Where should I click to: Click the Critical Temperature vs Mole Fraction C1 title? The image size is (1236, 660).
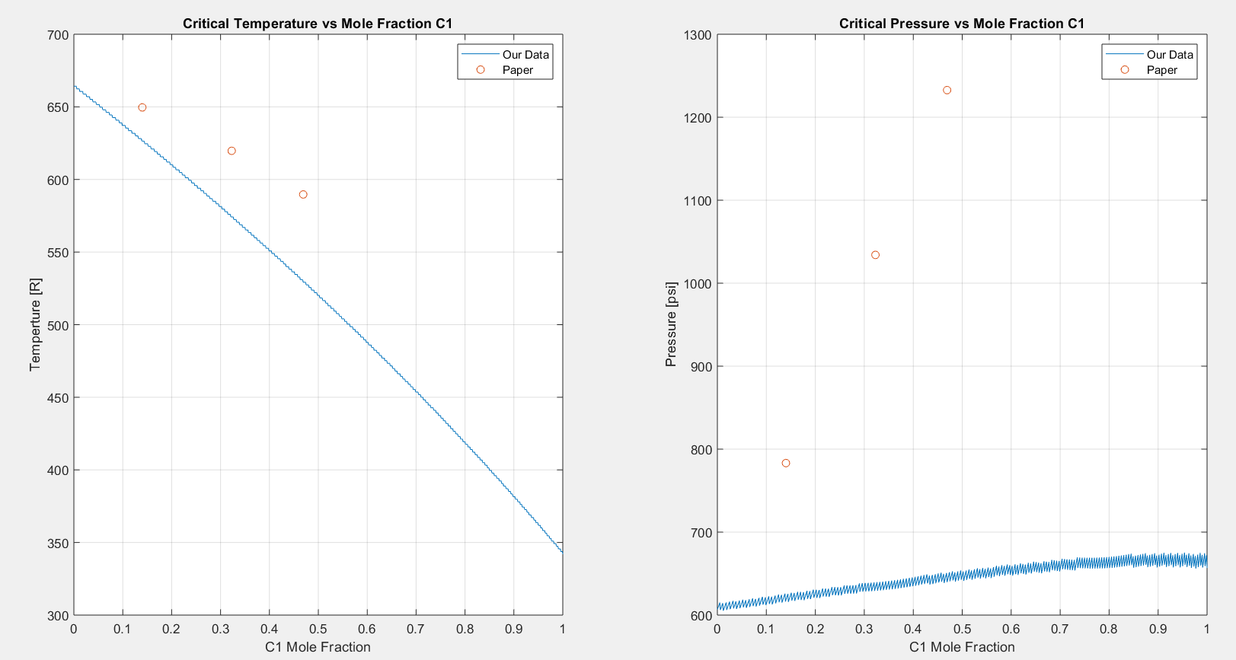(x=318, y=24)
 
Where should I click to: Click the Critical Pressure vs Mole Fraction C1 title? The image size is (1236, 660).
(x=961, y=24)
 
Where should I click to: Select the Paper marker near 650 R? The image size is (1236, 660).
(x=142, y=107)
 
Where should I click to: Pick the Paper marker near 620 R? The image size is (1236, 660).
(x=232, y=151)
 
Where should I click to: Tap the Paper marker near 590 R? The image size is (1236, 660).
(x=303, y=195)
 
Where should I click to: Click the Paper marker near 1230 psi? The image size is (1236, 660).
(x=947, y=91)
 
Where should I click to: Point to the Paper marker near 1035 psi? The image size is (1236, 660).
(x=875, y=255)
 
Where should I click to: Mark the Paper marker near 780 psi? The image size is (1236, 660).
(x=786, y=463)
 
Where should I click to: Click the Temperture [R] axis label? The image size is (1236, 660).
(x=35, y=325)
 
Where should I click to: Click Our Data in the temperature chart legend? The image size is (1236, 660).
(x=525, y=55)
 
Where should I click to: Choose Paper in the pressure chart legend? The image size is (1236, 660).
(x=1161, y=70)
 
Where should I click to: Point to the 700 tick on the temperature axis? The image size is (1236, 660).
(x=59, y=35)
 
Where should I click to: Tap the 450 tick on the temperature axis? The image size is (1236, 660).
(x=59, y=398)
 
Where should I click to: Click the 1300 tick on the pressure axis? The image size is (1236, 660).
(x=698, y=35)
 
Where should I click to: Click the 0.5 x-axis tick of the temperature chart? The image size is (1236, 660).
(x=318, y=629)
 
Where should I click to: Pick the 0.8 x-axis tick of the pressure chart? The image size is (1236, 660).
(x=1109, y=629)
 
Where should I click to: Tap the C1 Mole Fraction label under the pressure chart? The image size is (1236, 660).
(x=962, y=647)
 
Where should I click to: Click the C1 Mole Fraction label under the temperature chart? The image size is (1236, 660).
(x=318, y=647)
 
